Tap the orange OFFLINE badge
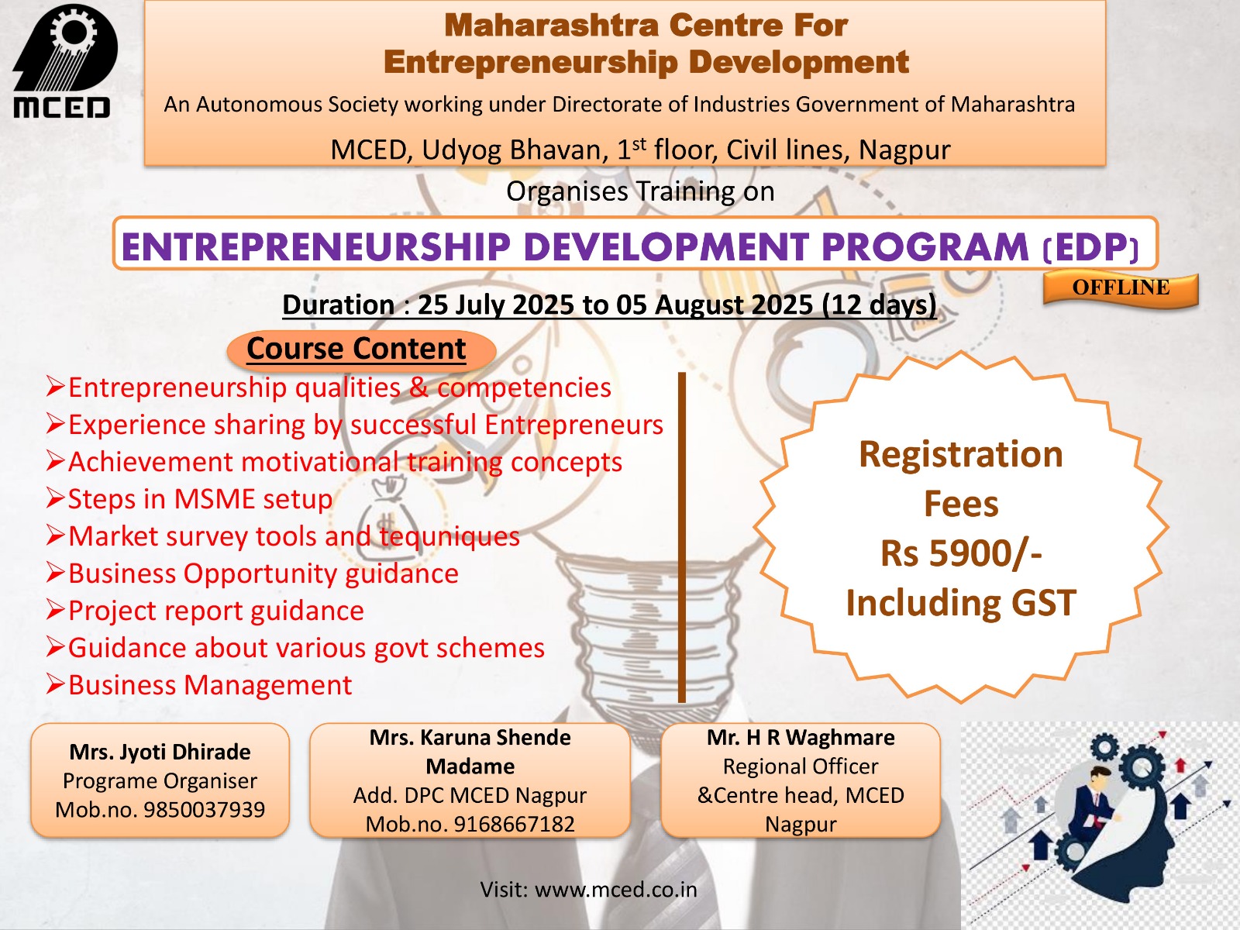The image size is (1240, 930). [x=1121, y=288]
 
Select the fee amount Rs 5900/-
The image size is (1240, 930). [x=961, y=553]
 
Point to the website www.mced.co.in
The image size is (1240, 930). [x=615, y=889]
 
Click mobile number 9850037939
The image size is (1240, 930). [x=204, y=810]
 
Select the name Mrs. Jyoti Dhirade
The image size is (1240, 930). [x=160, y=752]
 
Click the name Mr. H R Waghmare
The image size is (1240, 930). [x=801, y=738]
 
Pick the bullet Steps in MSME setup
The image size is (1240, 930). [x=200, y=499]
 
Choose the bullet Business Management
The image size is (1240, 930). [x=210, y=685]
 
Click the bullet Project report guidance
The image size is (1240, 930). [x=215, y=611]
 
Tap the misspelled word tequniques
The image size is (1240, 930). [x=449, y=536]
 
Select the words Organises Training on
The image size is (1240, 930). [x=640, y=191]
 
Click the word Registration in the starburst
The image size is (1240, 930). [x=961, y=454]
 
